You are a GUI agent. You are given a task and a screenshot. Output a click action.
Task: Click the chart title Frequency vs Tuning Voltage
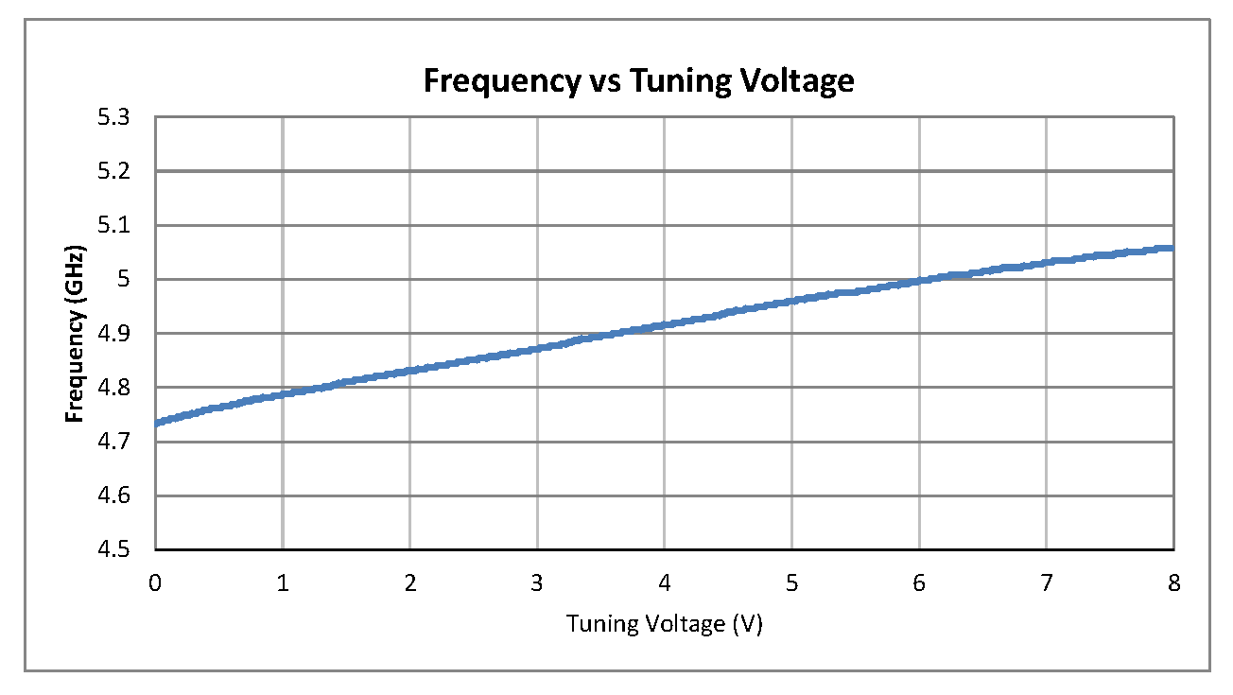coord(638,81)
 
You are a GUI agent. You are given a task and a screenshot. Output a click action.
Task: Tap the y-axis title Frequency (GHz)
coord(75,334)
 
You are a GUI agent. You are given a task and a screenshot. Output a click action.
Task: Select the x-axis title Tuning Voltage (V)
coord(664,624)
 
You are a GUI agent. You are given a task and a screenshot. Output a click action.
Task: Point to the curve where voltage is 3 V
coord(537,349)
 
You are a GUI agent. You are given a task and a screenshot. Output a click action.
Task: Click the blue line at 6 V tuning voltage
coord(919,281)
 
